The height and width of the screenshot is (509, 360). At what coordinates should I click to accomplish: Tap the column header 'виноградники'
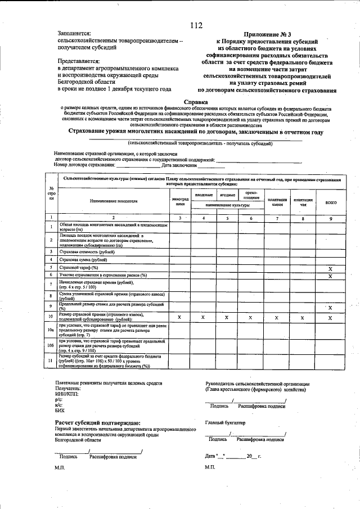180,202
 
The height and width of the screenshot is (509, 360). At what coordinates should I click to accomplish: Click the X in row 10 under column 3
180,318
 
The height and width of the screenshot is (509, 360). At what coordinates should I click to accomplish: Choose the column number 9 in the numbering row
331,217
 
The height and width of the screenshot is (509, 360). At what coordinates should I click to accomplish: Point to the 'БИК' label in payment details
60,411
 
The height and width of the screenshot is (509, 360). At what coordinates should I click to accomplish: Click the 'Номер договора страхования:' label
84,165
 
